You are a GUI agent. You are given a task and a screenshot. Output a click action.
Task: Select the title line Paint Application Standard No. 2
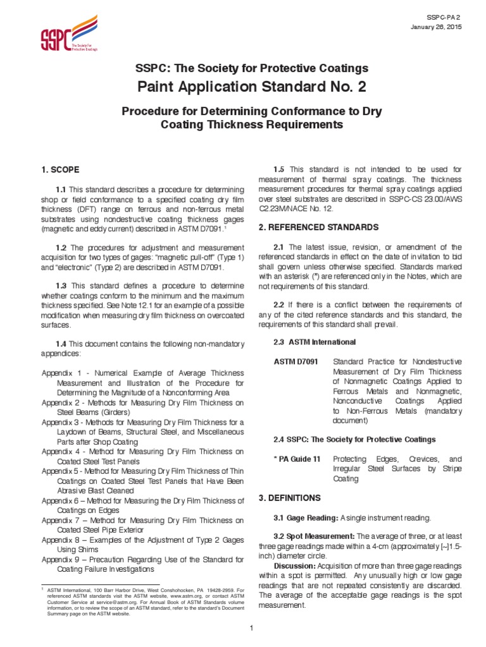click(242, 87)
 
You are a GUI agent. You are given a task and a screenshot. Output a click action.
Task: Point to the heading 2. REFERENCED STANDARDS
click(319, 227)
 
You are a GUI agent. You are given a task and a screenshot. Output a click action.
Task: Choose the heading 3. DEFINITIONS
click(289, 498)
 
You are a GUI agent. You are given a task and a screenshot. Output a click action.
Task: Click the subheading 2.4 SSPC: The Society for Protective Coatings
click(354, 439)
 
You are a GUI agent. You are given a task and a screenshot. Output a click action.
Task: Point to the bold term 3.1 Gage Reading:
click(306, 518)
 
